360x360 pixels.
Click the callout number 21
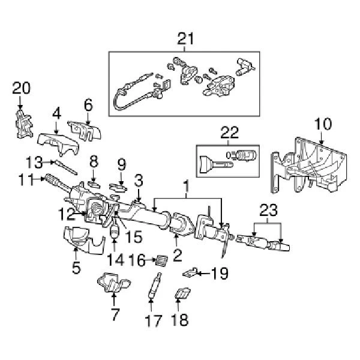tap(186, 40)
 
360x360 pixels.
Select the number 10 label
tap(322, 124)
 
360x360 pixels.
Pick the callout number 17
tap(154, 320)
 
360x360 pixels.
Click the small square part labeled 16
tap(160, 260)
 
